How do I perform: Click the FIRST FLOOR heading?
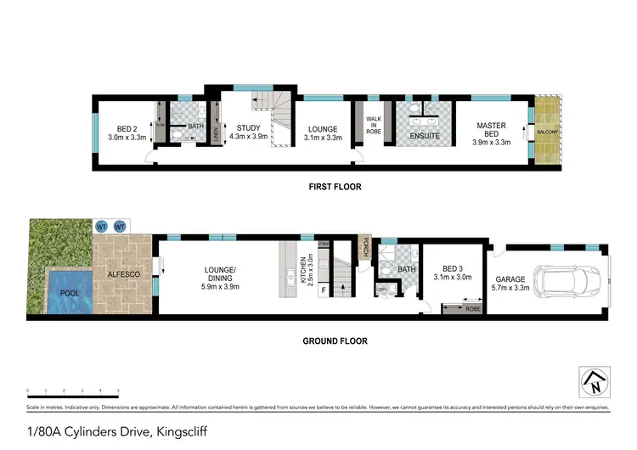[332, 186]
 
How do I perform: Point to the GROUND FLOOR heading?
[335, 341]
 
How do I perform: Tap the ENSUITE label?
[424, 134]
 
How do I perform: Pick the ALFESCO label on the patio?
[122, 274]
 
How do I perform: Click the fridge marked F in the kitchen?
[323, 290]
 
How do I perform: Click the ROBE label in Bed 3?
[471, 309]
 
